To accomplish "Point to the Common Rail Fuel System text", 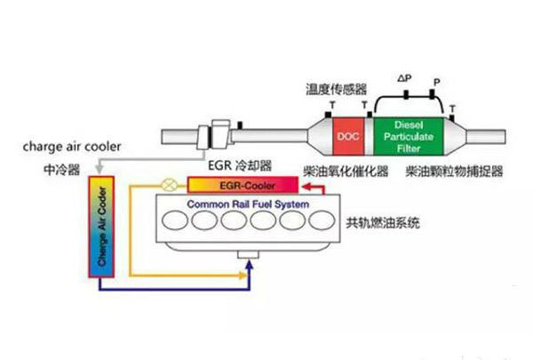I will pos(246,205).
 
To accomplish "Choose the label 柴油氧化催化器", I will pos(333,169).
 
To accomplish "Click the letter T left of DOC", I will pos(331,106).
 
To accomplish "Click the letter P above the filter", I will pos(435,82).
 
